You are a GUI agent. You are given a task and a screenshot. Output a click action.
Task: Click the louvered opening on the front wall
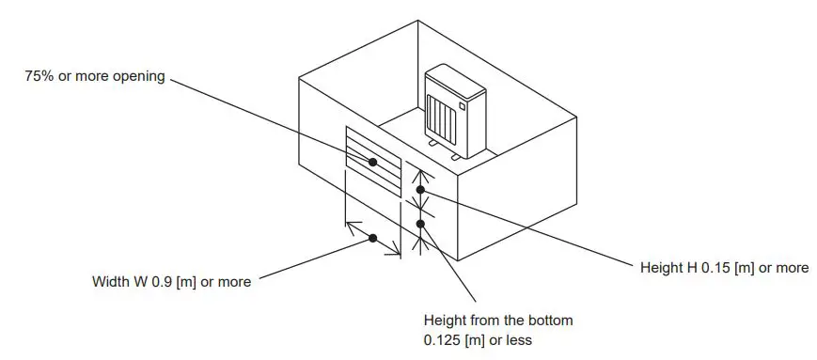coord(373,162)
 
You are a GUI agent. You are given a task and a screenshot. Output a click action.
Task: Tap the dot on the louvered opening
coord(373,162)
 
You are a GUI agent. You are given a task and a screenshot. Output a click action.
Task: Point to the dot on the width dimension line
coord(373,238)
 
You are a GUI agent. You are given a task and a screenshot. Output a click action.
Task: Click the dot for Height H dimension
coord(421,190)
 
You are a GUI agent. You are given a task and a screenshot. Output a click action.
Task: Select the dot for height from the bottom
coord(420,223)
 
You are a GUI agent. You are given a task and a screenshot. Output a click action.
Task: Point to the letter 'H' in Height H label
coord(689,268)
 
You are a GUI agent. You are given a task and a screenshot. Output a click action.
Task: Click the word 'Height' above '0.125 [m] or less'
coord(446,321)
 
